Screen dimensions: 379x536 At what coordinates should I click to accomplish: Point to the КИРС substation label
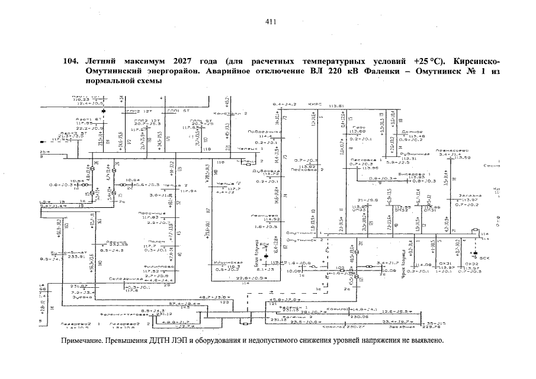(314, 104)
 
